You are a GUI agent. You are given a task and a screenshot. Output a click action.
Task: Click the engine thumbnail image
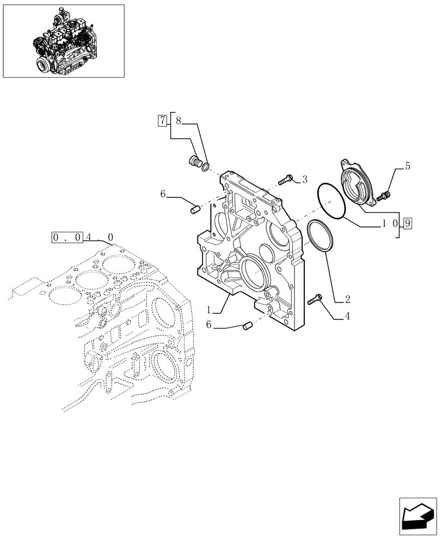pos(63,41)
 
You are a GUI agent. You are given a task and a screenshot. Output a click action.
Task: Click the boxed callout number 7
pos(162,120)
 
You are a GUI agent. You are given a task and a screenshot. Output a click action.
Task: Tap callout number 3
pos(304,179)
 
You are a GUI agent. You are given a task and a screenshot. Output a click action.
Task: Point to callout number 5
pos(407,166)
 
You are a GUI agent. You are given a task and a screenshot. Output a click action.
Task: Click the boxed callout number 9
pos(408,222)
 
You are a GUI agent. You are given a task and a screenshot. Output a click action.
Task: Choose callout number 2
pos(347,299)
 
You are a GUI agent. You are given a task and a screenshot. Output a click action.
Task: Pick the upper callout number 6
pos(163,193)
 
